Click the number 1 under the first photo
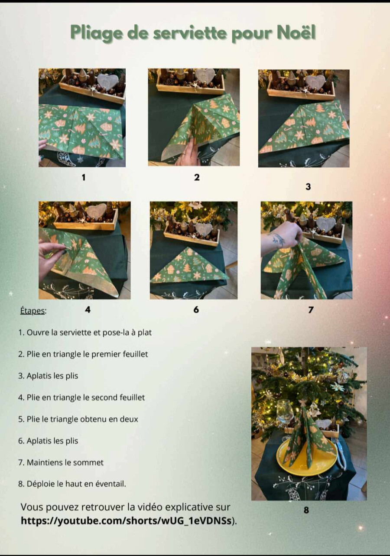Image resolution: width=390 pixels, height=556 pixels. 84,177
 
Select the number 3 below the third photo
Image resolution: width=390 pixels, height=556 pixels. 308,186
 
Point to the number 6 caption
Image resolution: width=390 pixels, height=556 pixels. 196,309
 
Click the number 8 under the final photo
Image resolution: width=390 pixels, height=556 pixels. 306,510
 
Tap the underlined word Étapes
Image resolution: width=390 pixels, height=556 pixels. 33,311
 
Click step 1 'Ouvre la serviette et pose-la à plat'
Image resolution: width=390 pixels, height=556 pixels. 85,332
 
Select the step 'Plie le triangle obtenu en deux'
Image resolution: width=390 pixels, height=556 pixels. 78,419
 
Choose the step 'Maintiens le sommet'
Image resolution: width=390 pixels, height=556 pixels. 61,462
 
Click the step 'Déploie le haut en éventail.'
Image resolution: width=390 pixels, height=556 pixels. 72,484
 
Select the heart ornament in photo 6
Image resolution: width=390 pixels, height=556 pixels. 204,229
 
